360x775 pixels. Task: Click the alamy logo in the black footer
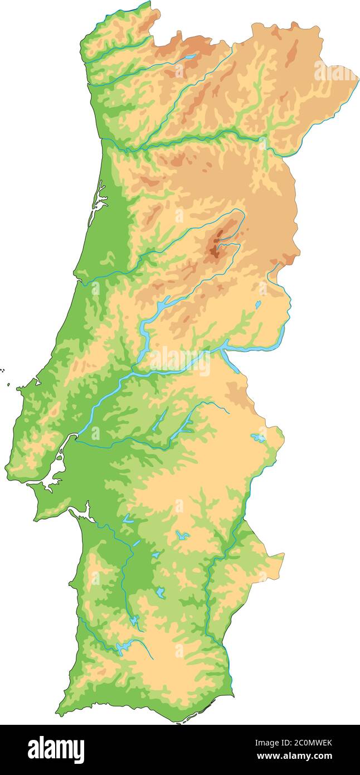(56, 749)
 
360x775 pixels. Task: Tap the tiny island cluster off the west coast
(3, 370)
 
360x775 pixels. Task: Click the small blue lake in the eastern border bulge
(258, 437)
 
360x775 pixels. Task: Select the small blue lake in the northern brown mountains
(190, 57)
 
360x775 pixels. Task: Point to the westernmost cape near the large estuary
(6, 466)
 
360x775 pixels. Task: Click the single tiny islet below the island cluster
(9, 384)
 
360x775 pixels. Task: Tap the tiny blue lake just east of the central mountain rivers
(257, 304)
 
